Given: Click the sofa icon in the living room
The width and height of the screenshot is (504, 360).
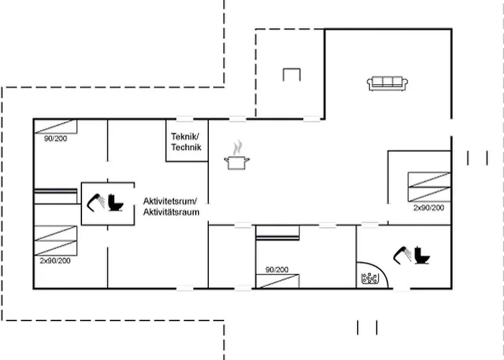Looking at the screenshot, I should pyautogui.click(x=389, y=84).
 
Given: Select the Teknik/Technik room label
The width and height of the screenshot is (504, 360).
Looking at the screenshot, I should pyautogui.click(x=186, y=142).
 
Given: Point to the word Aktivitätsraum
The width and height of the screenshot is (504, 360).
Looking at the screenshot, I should pyautogui.click(x=171, y=212).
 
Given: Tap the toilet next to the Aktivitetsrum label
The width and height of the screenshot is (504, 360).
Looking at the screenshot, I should pyautogui.click(x=116, y=204).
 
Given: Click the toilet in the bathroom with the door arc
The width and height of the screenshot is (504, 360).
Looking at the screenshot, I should pyautogui.click(x=423, y=256).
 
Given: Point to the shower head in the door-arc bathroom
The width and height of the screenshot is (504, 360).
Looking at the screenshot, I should pyautogui.click(x=401, y=254).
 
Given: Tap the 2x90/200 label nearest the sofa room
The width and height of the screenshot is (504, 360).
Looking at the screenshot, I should pyautogui.click(x=428, y=207).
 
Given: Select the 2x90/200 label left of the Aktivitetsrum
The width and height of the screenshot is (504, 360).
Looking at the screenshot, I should pyautogui.click(x=55, y=261).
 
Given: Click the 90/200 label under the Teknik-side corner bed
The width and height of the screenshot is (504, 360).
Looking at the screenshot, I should pyautogui.click(x=55, y=138).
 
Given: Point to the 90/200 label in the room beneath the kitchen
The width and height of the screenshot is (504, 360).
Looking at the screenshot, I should pyautogui.click(x=277, y=269).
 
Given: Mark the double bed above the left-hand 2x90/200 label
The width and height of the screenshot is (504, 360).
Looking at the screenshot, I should pyautogui.click(x=55, y=240).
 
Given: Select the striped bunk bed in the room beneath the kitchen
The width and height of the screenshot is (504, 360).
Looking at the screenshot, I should pyautogui.click(x=277, y=233).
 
